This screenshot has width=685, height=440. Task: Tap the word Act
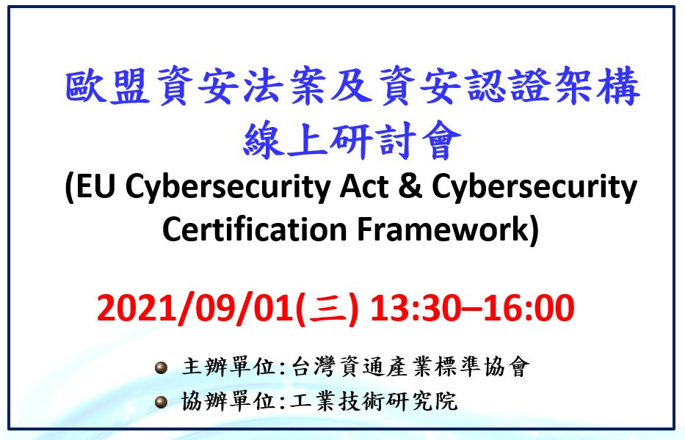(364, 186)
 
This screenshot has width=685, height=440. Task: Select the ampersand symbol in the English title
(410, 186)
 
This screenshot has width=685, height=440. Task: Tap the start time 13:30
(416, 308)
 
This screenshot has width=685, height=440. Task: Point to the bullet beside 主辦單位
(162, 367)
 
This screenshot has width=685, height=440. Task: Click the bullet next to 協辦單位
(162, 402)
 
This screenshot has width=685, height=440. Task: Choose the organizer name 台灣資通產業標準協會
(410, 367)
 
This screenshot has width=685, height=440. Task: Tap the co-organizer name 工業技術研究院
(374, 401)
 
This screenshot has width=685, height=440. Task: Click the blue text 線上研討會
(352, 139)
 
